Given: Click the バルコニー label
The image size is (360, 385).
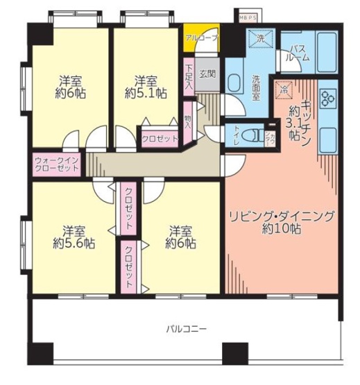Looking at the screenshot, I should pos(185,327).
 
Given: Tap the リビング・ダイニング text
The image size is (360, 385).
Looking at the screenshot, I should pos(282,215).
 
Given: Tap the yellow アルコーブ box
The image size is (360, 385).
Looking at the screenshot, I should pos(201,37).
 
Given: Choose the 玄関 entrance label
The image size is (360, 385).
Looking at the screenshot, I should pos(207,74).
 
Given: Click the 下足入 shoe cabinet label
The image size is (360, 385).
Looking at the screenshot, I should pos(189,77).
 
